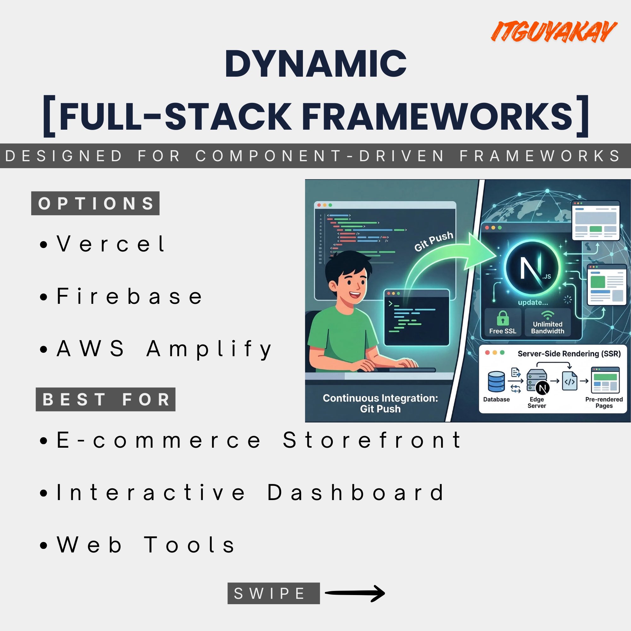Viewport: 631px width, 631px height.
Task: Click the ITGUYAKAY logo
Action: (554, 31)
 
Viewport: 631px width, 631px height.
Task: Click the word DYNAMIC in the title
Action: (315, 64)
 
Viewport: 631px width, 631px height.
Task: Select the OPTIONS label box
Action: (95, 203)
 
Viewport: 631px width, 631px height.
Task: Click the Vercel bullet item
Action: (103, 244)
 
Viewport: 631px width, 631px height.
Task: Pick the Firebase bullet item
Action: (121, 296)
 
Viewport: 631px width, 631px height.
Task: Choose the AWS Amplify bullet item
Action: (156, 349)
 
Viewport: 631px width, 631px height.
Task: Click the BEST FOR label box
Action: (105, 399)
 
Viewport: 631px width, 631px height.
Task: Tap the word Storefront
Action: (372, 439)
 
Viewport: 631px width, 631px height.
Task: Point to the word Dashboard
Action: (356, 492)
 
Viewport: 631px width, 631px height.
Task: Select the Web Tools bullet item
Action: (137, 545)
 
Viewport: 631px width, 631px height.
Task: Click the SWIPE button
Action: (274, 593)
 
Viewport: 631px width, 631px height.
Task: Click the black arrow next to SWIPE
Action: (355, 593)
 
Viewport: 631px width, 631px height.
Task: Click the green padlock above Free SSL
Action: (503, 318)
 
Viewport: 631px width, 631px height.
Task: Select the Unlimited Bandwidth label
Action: (548, 327)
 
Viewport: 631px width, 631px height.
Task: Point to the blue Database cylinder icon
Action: (496, 381)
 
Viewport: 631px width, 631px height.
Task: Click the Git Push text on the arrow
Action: (434, 241)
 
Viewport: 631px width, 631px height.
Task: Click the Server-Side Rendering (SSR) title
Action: (569, 354)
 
